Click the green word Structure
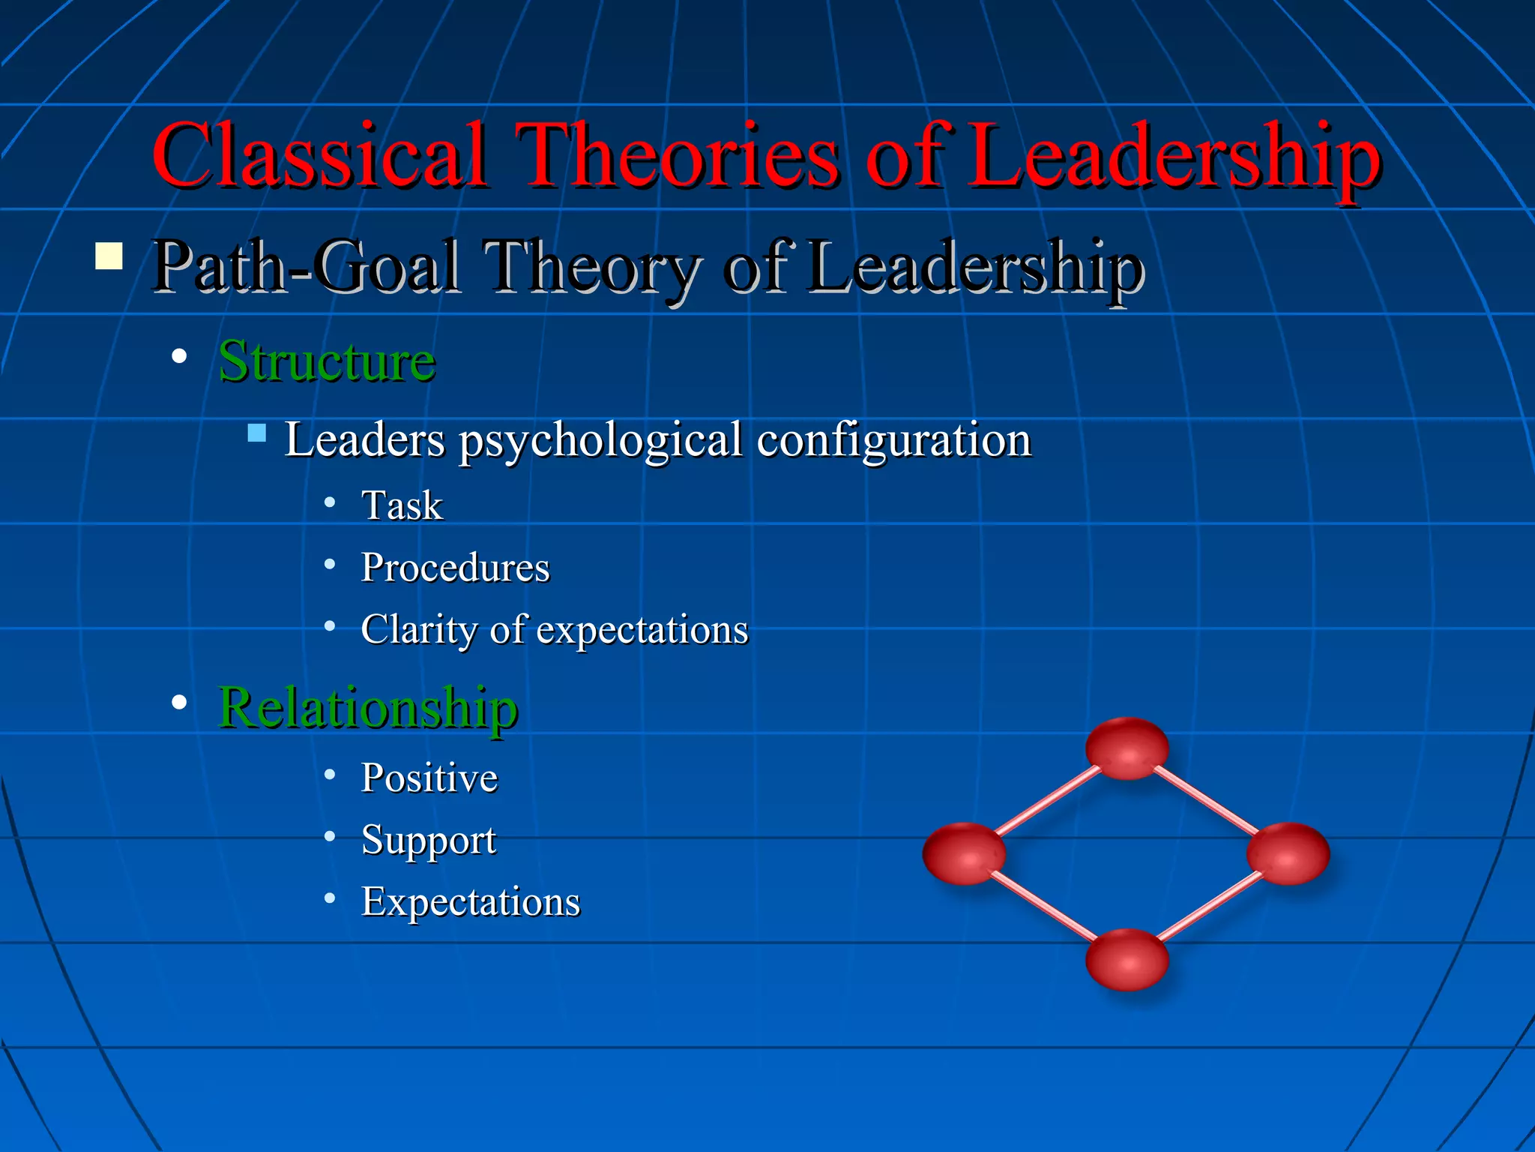tap(327, 361)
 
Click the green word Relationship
tap(367, 707)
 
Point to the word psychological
tap(600, 440)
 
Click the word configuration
tap(893, 440)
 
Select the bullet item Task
tap(402, 505)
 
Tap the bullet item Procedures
tap(455, 568)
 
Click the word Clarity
tap(418, 628)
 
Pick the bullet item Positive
tap(429, 778)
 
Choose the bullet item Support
tap(428, 840)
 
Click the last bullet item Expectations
tap(471, 901)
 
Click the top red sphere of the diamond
tap(1127, 748)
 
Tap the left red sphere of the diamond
tap(964, 853)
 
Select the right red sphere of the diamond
tap(1288, 853)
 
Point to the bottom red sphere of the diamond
tap(1127, 959)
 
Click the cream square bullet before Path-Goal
tap(109, 256)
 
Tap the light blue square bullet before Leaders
tap(257, 433)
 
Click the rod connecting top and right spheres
tap(1207, 800)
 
